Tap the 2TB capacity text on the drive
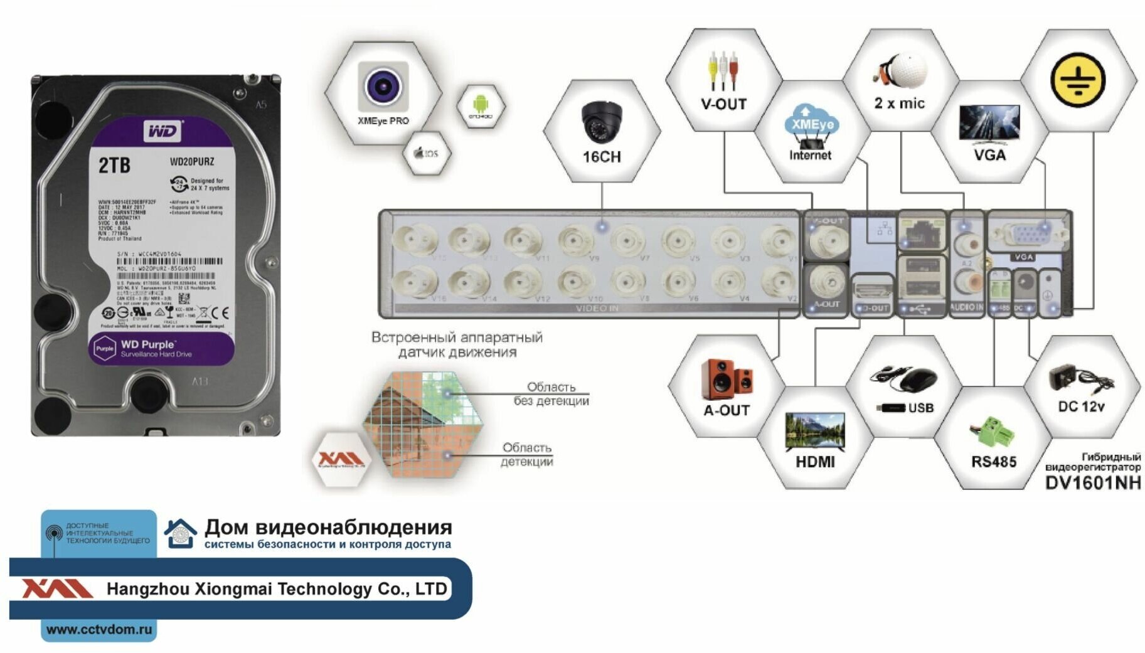point(114,165)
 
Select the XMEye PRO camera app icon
point(383,87)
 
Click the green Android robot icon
point(480,103)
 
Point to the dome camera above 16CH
point(601,121)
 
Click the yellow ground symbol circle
point(1078,80)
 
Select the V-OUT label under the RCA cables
point(723,104)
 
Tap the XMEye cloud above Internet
point(811,122)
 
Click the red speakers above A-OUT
point(727,379)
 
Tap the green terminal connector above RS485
point(994,432)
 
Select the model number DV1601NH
point(1092,482)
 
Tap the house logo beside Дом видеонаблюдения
point(181,533)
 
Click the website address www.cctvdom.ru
point(99,629)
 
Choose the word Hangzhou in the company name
point(139,589)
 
